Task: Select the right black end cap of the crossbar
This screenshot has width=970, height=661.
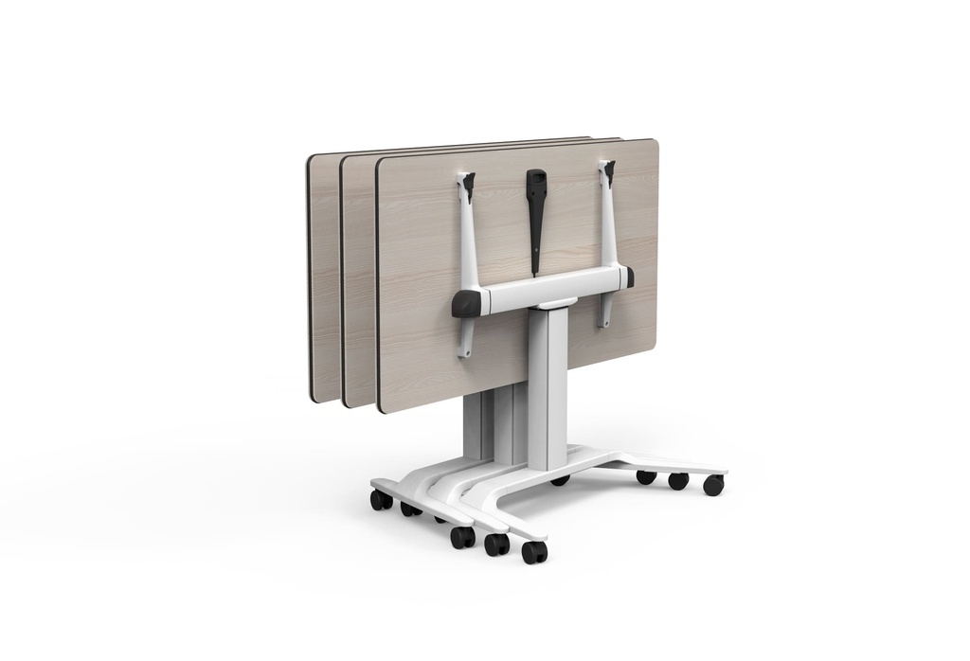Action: [628, 277]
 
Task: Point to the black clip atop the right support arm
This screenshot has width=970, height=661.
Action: [607, 170]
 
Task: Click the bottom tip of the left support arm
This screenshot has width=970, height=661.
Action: [463, 352]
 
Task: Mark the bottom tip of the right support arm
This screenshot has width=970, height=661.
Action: [603, 323]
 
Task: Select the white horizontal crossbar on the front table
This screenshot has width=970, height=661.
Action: [549, 290]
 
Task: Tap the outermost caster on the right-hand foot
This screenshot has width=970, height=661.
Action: [713, 486]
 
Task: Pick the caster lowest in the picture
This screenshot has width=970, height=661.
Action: [533, 552]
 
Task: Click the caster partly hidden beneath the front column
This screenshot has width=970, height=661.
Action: [561, 480]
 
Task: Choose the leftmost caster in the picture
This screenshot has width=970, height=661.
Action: [381, 500]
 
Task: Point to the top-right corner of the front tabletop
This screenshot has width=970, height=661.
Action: [653, 143]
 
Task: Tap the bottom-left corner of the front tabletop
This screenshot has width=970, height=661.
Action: [383, 408]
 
